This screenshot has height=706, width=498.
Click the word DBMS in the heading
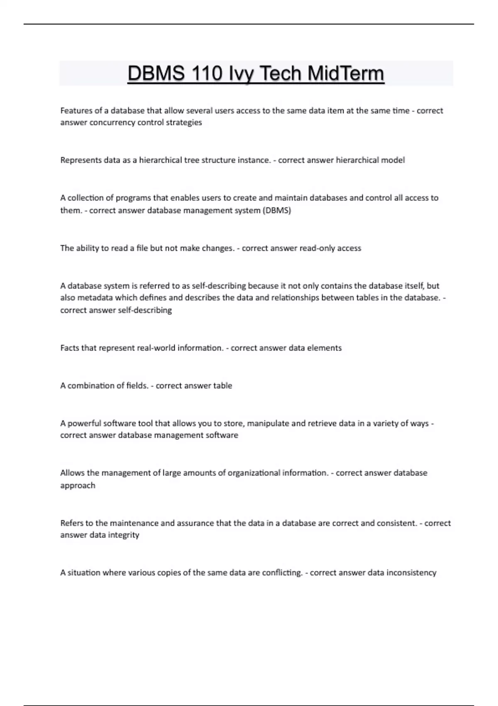tap(156, 74)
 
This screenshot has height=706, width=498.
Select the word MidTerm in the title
tap(346, 74)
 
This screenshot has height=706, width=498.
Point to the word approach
tap(78, 485)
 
